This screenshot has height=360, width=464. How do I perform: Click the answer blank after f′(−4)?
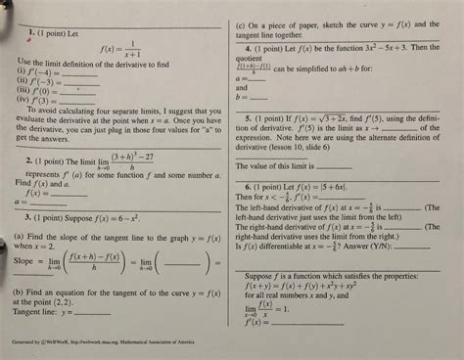[x=67, y=72]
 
